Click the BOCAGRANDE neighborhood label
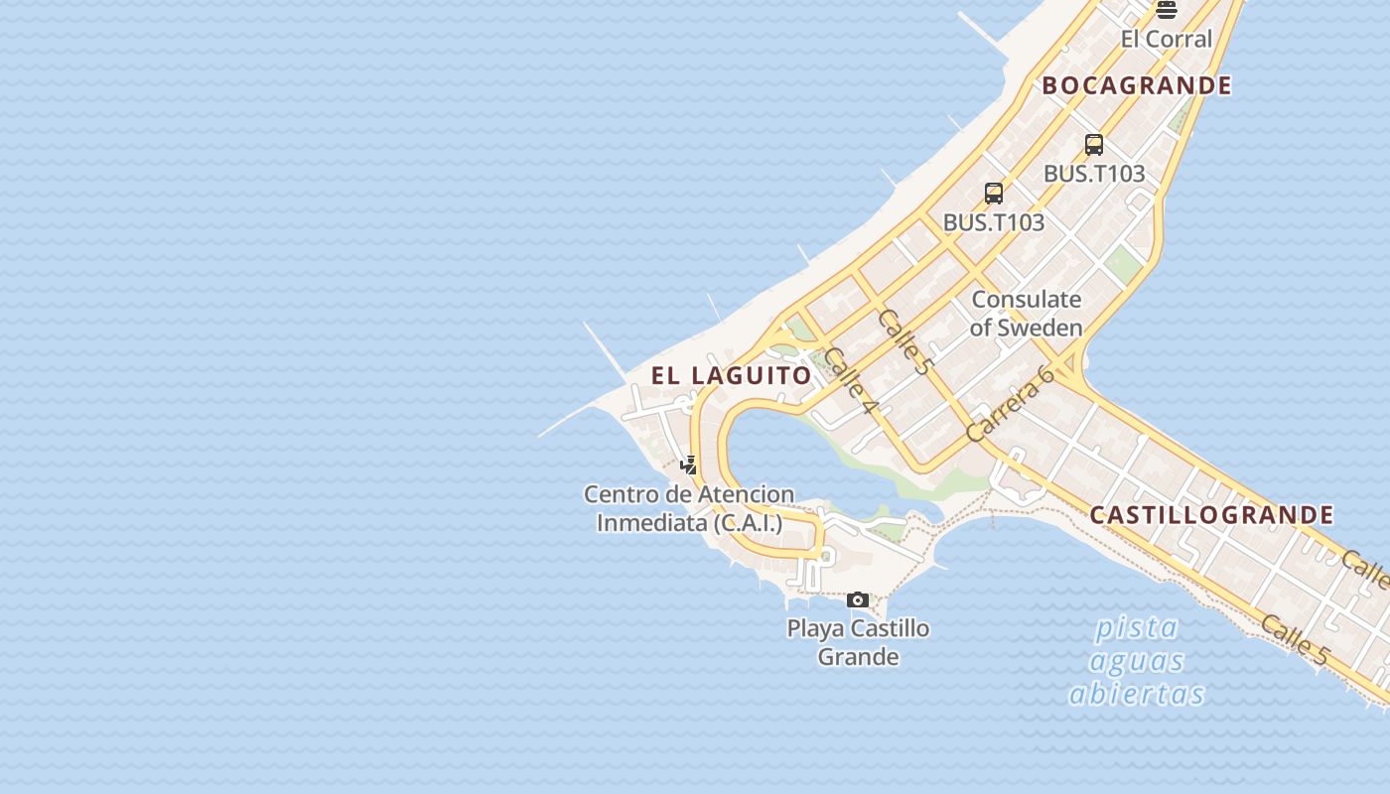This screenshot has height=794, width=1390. [1137, 86]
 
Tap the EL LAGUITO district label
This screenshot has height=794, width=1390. [731, 375]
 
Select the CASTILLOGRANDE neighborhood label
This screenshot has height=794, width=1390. [1211, 515]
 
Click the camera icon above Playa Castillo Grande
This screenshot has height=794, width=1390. [858, 599]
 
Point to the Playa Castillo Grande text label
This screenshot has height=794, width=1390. [858, 642]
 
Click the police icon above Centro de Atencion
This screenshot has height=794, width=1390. [688, 464]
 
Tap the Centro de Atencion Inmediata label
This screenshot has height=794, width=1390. [688, 508]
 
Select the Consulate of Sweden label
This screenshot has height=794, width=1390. [1026, 314]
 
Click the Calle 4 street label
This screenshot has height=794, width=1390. [851, 381]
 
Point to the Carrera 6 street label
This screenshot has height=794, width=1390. [1009, 405]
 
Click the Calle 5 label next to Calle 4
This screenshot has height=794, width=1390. [905, 340]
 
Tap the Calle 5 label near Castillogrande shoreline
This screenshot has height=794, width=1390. [1294, 639]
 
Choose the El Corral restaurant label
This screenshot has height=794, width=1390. [1167, 40]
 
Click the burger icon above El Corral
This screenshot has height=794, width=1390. [1167, 10]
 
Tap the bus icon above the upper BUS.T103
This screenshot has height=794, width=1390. [1094, 145]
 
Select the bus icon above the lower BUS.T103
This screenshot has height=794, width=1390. [994, 194]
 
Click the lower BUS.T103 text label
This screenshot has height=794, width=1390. [994, 222]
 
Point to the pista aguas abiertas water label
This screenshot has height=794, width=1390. [1137, 660]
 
